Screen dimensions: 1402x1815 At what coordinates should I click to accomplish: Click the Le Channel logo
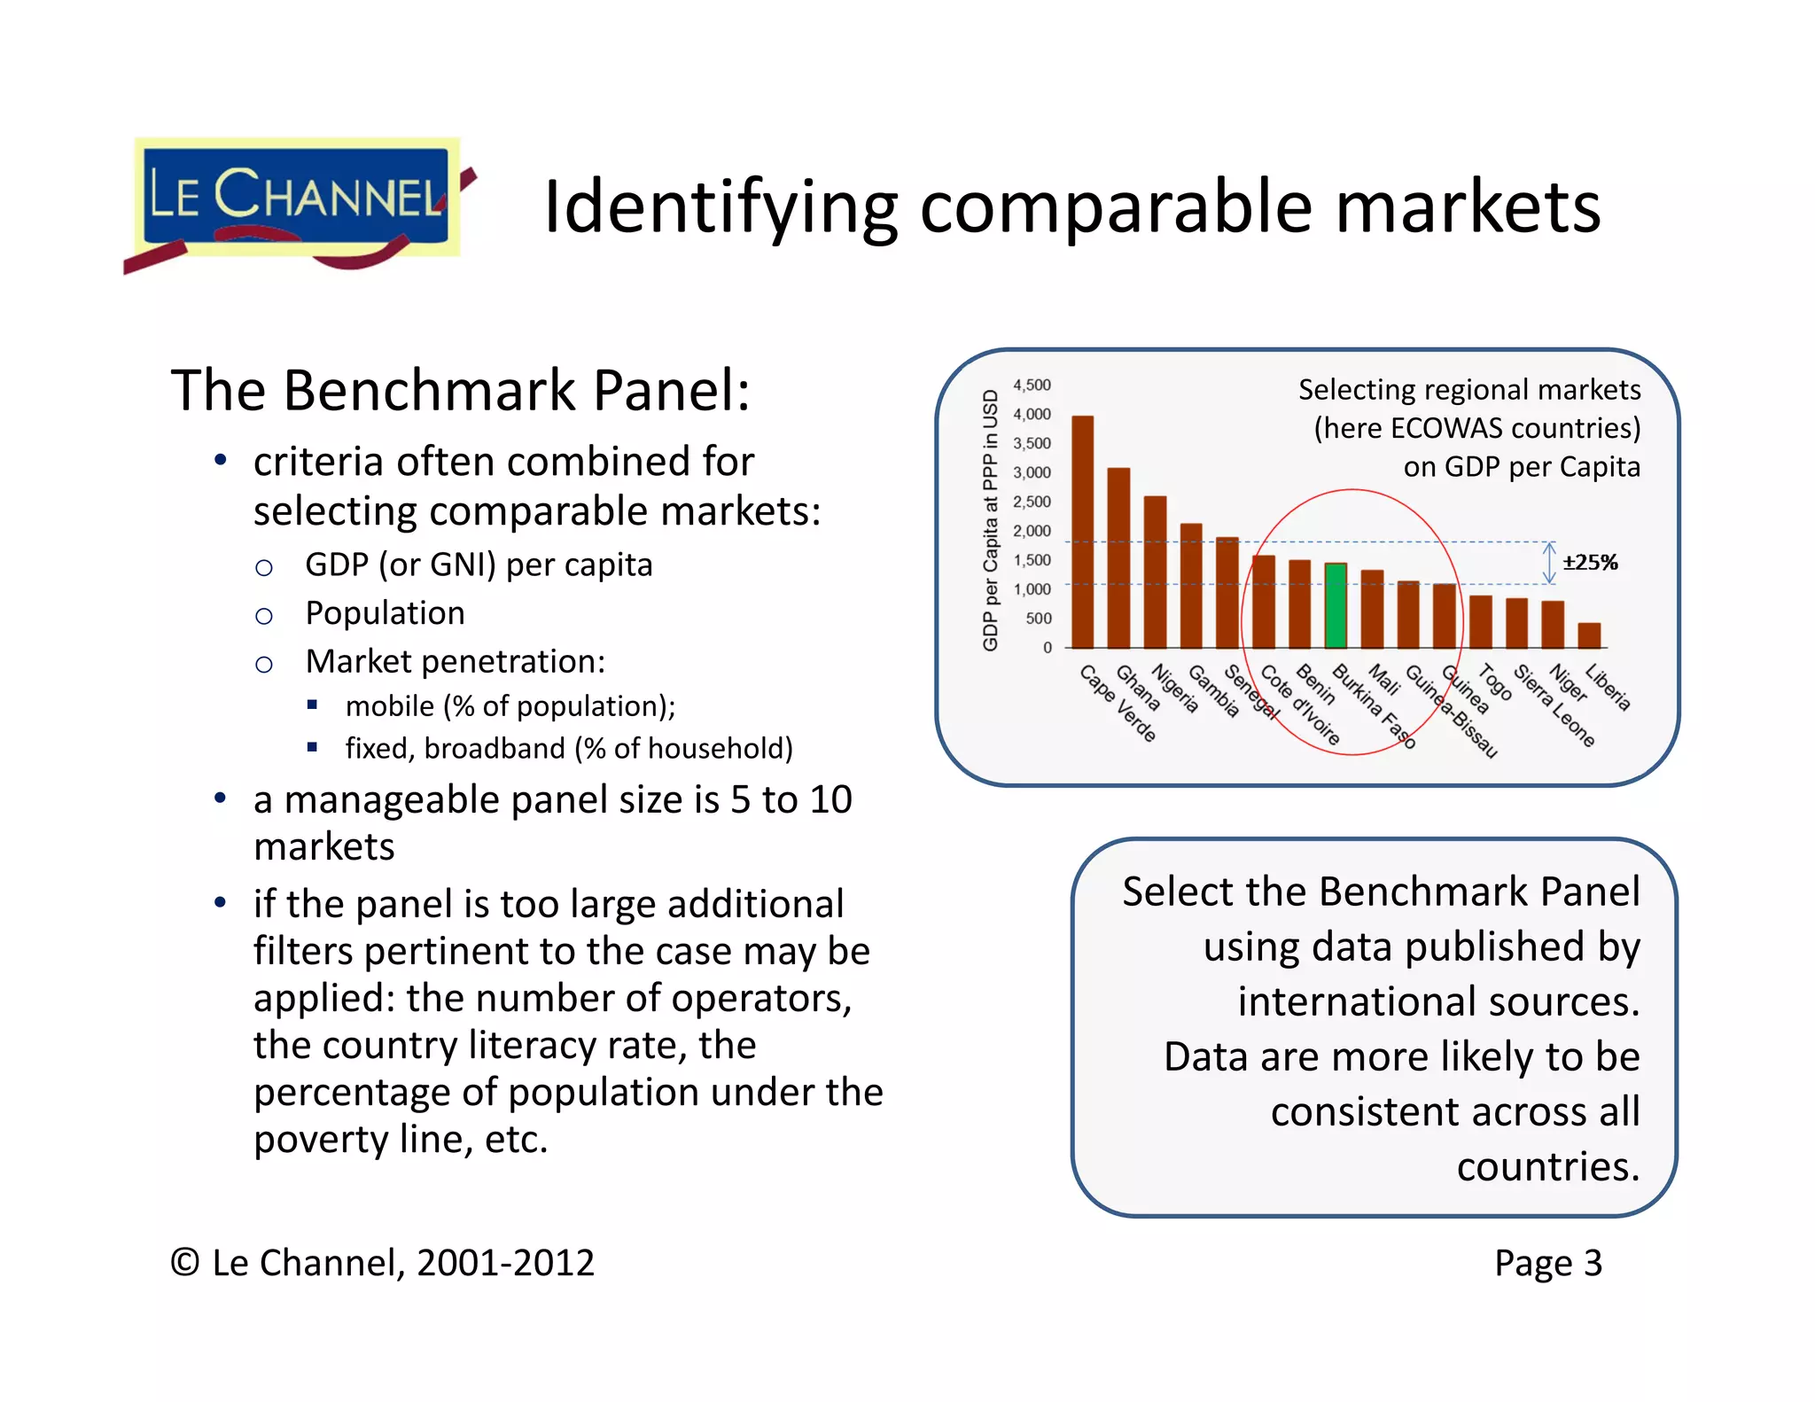[x=297, y=202]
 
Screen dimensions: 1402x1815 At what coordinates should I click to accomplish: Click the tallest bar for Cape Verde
[x=1082, y=532]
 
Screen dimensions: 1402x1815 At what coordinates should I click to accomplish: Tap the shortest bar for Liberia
[x=1589, y=635]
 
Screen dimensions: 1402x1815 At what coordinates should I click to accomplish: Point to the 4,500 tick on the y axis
[x=1032, y=386]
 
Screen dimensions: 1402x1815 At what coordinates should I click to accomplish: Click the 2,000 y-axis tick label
[x=1032, y=531]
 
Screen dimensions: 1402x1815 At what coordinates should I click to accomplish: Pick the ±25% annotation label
[x=1590, y=563]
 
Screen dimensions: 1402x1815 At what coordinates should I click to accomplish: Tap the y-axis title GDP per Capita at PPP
[x=991, y=520]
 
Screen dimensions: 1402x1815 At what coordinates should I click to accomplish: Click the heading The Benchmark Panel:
[x=460, y=391]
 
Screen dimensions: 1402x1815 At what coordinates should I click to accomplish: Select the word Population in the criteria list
[x=385, y=613]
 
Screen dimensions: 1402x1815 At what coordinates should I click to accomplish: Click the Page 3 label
[x=1547, y=1263]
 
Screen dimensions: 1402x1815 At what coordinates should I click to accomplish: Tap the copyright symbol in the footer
[x=184, y=1263]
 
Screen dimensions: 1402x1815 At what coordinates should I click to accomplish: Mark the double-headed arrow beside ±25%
[x=1549, y=564]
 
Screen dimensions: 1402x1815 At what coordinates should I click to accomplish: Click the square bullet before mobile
[x=312, y=705]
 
